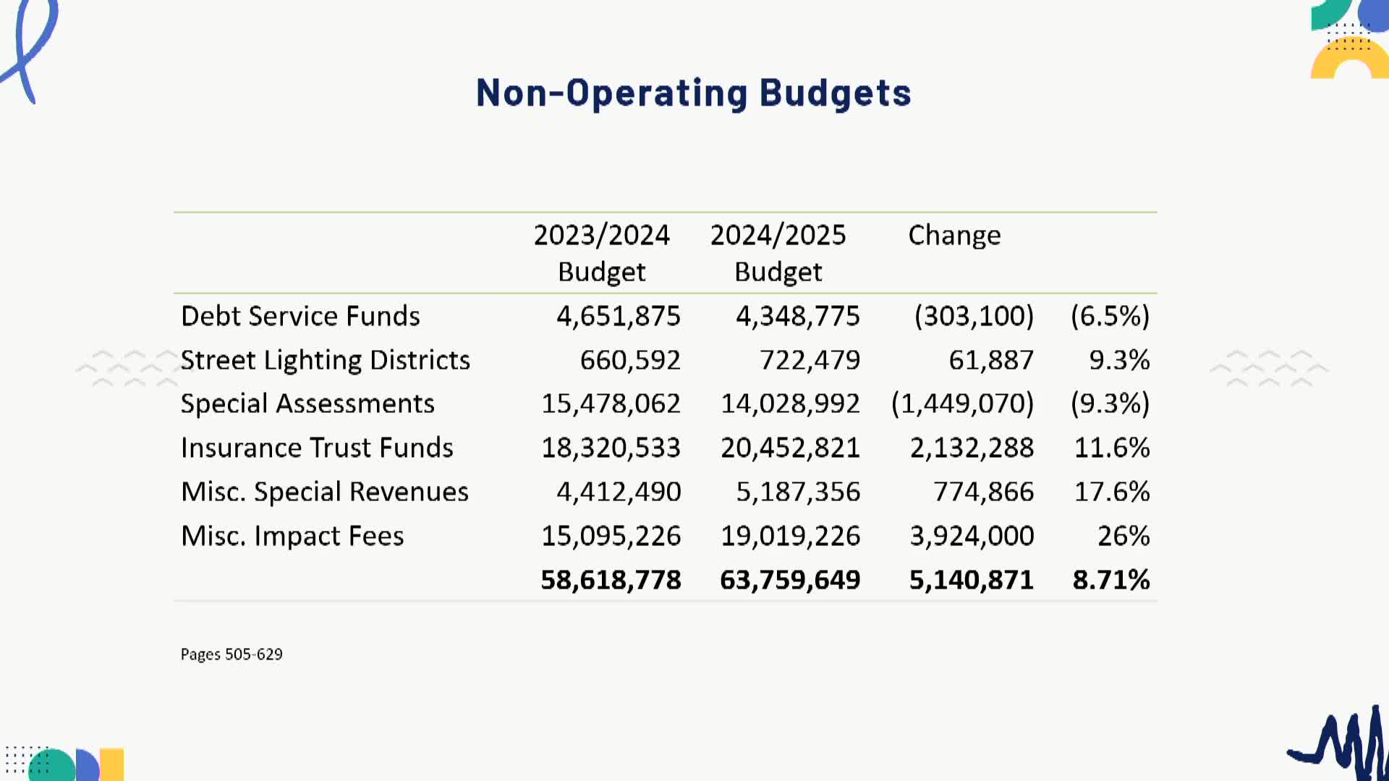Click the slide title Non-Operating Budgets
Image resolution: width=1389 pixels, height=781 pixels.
(693, 94)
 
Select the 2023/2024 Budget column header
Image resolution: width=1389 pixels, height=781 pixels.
(601, 253)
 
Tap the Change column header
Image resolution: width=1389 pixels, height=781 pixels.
(954, 236)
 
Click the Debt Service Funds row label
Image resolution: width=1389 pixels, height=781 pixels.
(300, 317)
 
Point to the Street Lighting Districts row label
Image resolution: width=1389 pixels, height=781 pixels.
(325, 360)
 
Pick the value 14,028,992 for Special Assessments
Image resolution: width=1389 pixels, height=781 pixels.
(790, 404)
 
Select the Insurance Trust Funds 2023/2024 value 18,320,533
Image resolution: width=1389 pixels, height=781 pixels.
(611, 448)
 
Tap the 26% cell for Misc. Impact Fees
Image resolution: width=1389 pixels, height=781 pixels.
(1123, 536)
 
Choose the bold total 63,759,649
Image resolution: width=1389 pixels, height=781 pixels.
(790, 580)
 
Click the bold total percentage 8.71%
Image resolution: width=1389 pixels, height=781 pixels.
(1110, 580)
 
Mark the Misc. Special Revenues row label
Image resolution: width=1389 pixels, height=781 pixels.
(325, 492)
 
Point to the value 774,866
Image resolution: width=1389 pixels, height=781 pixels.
(983, 492)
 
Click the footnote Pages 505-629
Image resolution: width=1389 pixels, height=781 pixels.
(231, 654)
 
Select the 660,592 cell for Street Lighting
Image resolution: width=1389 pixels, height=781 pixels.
(629, 360)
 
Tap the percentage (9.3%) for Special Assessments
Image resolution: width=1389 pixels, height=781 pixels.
(1110, 404)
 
